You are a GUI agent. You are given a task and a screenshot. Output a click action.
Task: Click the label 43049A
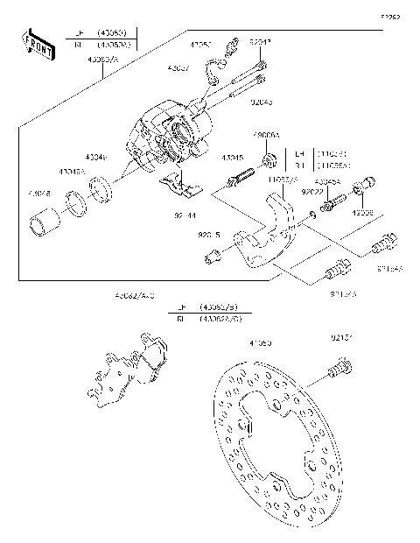pos(73,173)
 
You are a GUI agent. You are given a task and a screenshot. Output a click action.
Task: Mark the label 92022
pos(311,190)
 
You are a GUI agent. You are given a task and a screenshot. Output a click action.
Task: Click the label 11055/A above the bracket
pos(282,179)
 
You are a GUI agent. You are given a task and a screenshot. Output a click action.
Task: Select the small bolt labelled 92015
pos(210,256)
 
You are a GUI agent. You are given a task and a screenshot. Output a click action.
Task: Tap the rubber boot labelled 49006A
pos(270,160)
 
